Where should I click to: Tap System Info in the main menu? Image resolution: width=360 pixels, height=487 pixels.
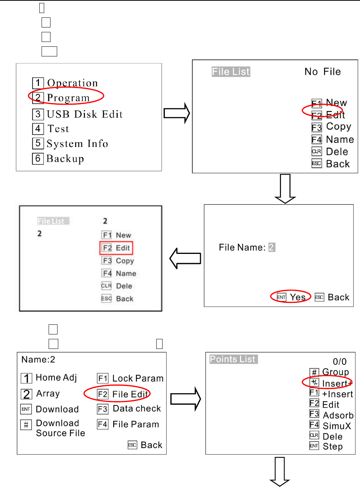(77, 144)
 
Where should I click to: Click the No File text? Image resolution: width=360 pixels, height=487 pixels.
(323, 72)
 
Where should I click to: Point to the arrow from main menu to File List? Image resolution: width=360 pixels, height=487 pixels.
(177, 113)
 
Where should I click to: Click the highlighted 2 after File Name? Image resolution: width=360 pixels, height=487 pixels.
(272, 248)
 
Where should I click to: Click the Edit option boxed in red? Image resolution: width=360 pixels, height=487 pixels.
(117, 248)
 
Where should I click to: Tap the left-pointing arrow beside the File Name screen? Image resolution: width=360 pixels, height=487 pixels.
(185, 258)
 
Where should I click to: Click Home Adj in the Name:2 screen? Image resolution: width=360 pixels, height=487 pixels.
(56, 378)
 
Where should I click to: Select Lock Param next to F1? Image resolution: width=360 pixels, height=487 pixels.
(138, 379)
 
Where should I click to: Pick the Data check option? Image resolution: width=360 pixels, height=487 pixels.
(137, 409)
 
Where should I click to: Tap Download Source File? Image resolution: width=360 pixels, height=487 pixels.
(60, 428)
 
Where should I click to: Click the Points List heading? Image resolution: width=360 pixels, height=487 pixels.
(233, 359)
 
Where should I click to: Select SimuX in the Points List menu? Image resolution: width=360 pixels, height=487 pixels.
(337, 426)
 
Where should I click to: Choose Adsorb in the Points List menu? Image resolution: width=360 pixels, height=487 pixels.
(338, 415)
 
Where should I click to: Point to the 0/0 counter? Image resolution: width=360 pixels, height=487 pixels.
(340, 362)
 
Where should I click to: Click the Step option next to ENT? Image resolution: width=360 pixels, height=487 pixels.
(333, 447)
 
